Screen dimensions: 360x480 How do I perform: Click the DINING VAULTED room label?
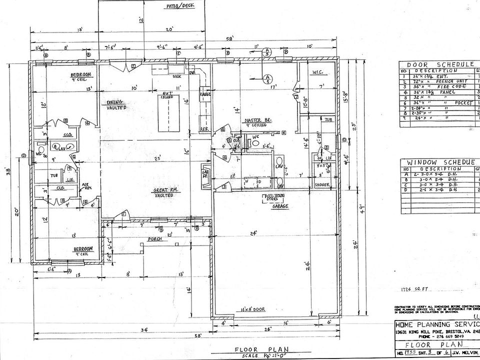click(116, 105)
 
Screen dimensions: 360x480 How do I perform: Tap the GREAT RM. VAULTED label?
click(163, 192)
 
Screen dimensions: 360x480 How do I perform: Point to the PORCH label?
click(153, 239)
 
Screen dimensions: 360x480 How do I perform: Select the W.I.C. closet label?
click(317, 73)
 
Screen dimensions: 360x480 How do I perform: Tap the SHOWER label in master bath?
click(322, 184)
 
